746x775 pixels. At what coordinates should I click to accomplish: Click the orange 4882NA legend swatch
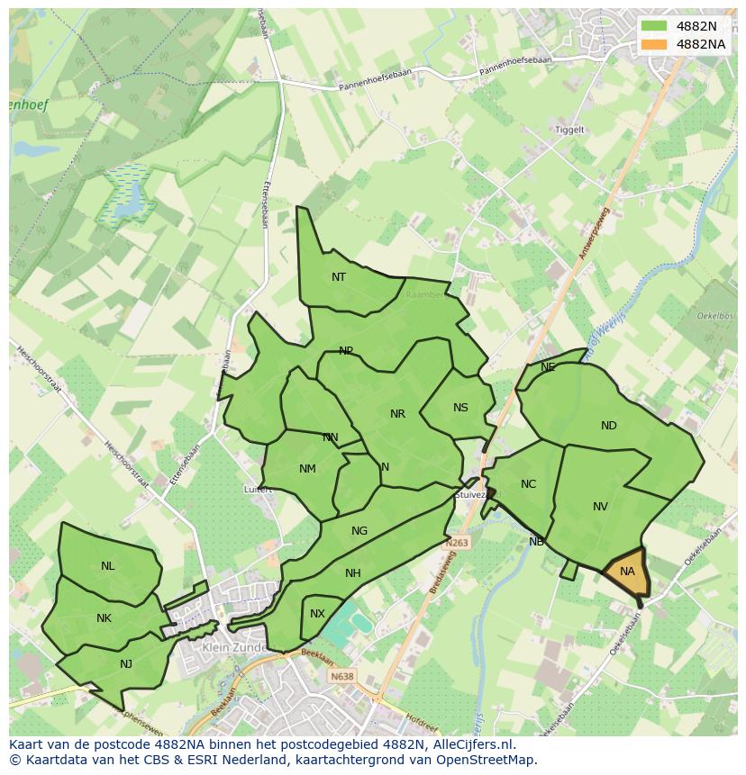[x=654, y=44]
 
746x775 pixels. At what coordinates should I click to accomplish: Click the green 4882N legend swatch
[x=654, y=26]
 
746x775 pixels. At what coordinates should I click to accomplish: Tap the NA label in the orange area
[x=627, y=572]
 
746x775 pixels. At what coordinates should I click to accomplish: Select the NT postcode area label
[x=339, y=277]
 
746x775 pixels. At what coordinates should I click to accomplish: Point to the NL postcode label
[x=108, y=566]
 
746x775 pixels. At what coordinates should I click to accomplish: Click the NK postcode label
[x=104, y=618]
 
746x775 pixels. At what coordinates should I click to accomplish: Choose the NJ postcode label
[x=126, y=664]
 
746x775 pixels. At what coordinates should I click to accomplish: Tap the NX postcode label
[x=317, y=614]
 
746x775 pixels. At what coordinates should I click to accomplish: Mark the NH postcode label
[x=352, y=573]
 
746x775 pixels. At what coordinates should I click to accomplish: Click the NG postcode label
[x=359, y=531]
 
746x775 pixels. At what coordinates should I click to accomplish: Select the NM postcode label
[x=307, y=469]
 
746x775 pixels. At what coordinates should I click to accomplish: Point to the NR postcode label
[x=397, y=414]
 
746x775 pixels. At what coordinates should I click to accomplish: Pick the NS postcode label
[x=460, y=408]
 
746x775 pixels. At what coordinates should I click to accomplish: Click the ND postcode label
[x=609, y=426]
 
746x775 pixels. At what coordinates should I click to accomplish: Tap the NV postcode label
[x=600, y=507]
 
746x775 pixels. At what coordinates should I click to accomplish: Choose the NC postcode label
[x=528, y=484]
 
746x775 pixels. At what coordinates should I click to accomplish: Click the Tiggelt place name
[x=569, y=130]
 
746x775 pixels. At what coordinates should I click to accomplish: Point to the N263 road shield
[x=457, y=544]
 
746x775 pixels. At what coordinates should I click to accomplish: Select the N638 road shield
[x=341, y=677]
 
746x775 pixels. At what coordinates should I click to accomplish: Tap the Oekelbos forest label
[x=714, y=316]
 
